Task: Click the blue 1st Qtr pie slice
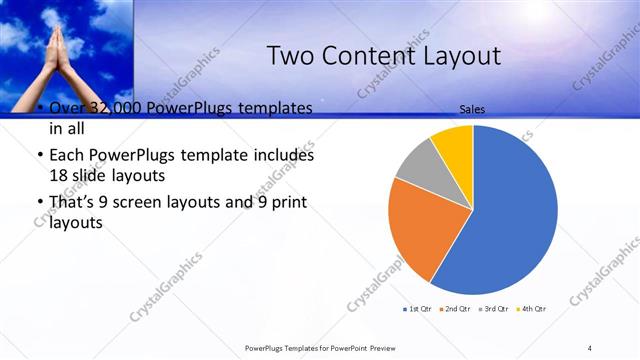click(510, 210)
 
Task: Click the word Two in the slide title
click(291, 56)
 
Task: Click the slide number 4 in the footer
click(590, 347)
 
